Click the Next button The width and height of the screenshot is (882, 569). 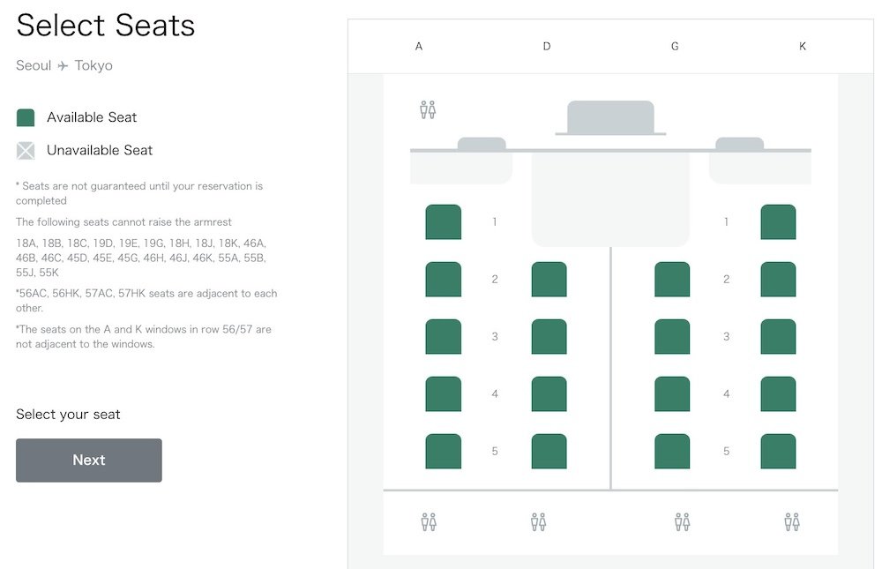click(x=89, y=460)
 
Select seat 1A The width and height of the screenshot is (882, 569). click(x=444, y=221)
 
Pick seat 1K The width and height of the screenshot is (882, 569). click(x=778, y=221)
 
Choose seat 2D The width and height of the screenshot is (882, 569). click(x=549, y=279)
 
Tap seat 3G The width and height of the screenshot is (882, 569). click(x=672, y=337)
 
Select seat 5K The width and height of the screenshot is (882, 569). click(x=778, y=451)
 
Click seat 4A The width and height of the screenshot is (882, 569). click(x=444, y=394)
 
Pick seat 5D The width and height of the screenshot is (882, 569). click(x=549, y=451)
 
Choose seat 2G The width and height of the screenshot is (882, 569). click(x=672, y=279)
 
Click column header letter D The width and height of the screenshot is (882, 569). click(x=547, y=46)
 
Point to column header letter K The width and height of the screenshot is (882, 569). click(x=803, y=46)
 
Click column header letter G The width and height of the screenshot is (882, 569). click(x=675, y=46)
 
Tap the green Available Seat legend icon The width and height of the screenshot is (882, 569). click(x=26, y=117)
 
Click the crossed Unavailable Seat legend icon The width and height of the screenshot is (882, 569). click(x=26, y=150)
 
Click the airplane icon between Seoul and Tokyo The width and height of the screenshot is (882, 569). click(x=63, y=66)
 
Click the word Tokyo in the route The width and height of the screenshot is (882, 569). click(x=93, y=65)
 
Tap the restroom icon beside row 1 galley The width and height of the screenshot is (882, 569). click(x=428, y=109)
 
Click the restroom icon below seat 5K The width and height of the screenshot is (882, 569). click(x=792, y=521)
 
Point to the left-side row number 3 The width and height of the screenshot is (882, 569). click(x=495, y=337)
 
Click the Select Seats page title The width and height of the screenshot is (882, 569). click(x=106, y=26)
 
